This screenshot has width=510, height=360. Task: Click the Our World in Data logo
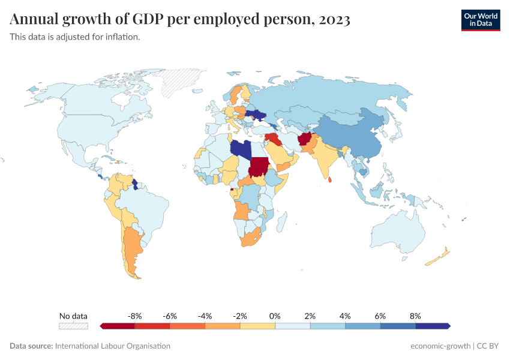tap(480, 20)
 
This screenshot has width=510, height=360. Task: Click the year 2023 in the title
tap(335, 20)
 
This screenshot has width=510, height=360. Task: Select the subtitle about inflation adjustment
tap(75, 37)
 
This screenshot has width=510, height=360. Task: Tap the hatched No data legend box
tap(73, 326)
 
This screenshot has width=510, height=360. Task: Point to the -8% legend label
tap(134, 316)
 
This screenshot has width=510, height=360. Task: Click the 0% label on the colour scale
tap(275, 316)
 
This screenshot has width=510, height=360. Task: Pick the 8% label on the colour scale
tap(415, 316)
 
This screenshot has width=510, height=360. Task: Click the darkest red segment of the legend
tap(118, 326)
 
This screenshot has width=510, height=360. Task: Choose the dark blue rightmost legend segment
tap(432, 326)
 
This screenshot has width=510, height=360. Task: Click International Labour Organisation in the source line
tap(112, 346)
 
